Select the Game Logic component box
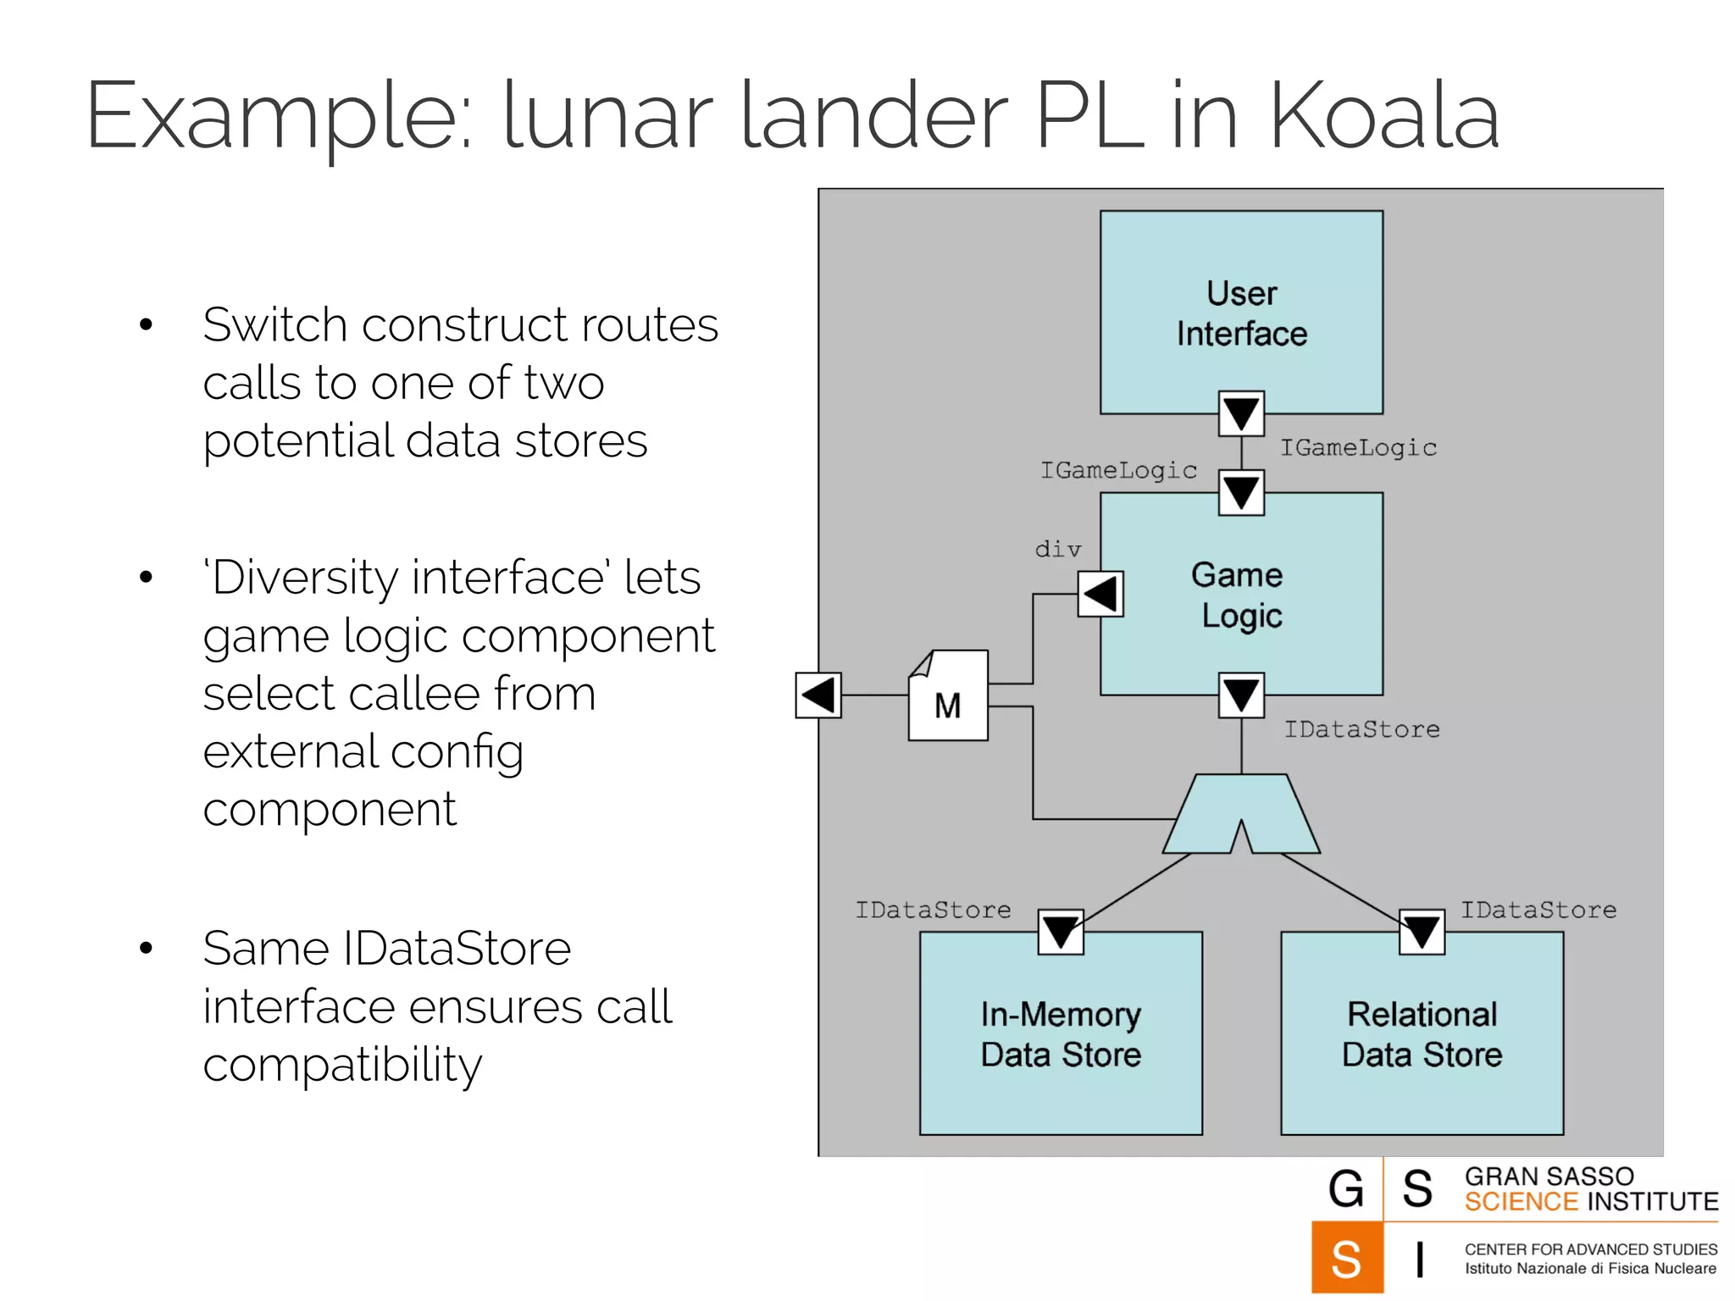(x=1241, y=593)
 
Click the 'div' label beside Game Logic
(x=1058, y=550)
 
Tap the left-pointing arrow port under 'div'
(x=1100, y=594)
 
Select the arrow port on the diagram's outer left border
(x=818, y=695)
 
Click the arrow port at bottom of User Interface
(x=1241, y=413)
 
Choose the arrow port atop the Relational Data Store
(x=1422, y=932)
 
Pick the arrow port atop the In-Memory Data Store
(x=1061, y=932)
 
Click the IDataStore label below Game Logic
(x=1361, y=729)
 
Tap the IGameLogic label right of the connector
(x=1358, y=447)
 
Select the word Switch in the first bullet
(x=275, y=325)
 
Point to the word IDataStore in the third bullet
(x=457, y=949)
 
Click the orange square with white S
(x=1347, y=1258)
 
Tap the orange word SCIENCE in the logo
(x=1522, y=1202)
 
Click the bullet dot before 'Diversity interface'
(x=147, y=578)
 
